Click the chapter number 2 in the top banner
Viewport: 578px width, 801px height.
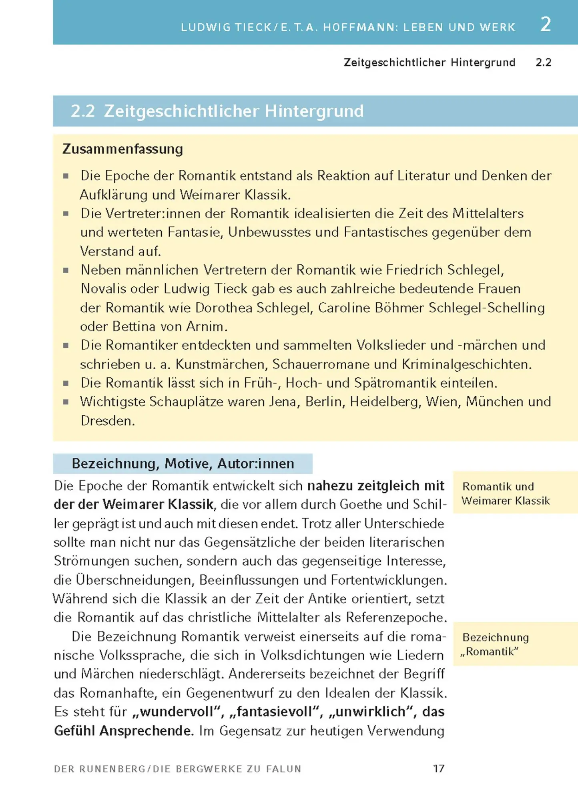point(546,24)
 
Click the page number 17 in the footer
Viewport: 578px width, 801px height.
point(439,768)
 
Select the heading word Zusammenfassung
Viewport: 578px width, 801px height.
point(122,149)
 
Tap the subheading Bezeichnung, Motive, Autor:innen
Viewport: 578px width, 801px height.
point(183,463)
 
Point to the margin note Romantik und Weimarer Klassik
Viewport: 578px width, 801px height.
point(506,493)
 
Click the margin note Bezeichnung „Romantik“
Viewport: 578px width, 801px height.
point(495,644)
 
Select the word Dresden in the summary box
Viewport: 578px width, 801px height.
point(107,421)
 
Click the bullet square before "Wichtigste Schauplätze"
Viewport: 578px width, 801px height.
point(66,402)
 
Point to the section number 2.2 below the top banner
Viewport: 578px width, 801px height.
point(543,62)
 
